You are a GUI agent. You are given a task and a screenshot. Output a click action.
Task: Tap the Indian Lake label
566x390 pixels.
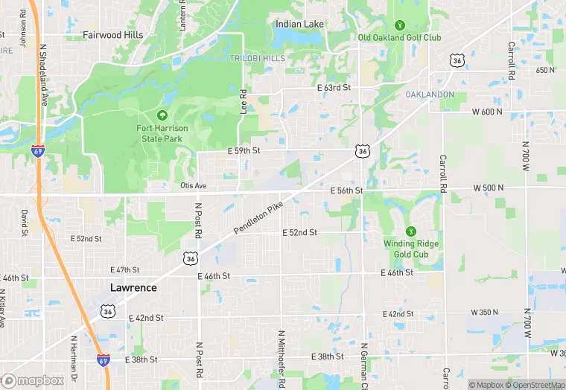pyautogui.click(x=299, y=24)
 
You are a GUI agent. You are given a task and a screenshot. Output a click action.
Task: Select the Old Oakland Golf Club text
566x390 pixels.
pyautogui.click(x=399, y=37)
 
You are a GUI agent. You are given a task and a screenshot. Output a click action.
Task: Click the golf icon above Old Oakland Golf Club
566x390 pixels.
pyautogui.click(x=399, y=25)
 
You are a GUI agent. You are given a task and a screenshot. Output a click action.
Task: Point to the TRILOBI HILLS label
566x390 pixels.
pyautogui.click(x=258, y=58)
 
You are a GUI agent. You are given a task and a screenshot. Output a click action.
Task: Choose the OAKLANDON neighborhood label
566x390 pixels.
pyautogui.click(x=429, y=95)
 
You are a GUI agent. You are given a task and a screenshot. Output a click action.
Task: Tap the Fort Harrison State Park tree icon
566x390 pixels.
pyautogui.click(x=162, y=115)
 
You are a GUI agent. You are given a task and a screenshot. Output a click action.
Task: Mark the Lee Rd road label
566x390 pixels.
pyautogui.click(x=244, y=101)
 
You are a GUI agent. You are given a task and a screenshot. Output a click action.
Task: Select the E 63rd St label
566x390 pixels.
pyautogui.click(x=333, y=87)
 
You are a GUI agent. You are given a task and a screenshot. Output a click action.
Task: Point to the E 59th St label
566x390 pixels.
pyautogui.click(x=244, y=150)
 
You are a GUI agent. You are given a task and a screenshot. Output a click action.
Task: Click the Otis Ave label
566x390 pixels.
pyautogui.click(x=192, y=185)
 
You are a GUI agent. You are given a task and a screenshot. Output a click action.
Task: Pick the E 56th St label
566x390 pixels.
pyautogui.click(x=346, y=191)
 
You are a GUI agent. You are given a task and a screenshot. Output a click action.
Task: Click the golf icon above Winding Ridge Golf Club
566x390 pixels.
pyautogui.click(x=410, y=231)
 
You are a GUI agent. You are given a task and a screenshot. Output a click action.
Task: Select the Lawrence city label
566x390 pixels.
pyautogui.click(x=133, y=287)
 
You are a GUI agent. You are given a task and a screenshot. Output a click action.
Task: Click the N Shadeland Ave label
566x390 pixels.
pyautogui.click(x=42, y=73)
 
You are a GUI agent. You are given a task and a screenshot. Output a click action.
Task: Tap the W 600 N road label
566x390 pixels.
pyautogui.click(x=487, y=112)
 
